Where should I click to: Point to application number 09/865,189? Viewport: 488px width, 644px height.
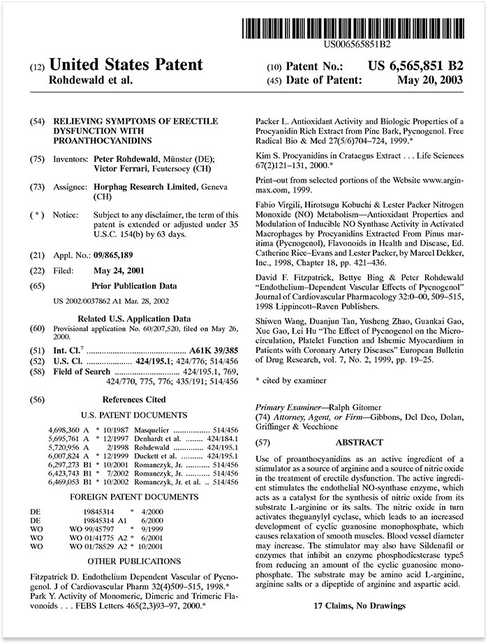pyautogui.click(x=119, y=255)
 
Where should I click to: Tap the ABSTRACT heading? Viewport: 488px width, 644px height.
pyautogui.click(x=359, y=442)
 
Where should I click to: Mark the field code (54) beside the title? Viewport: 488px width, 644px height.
pyautogui.click(x=38, y=122)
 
